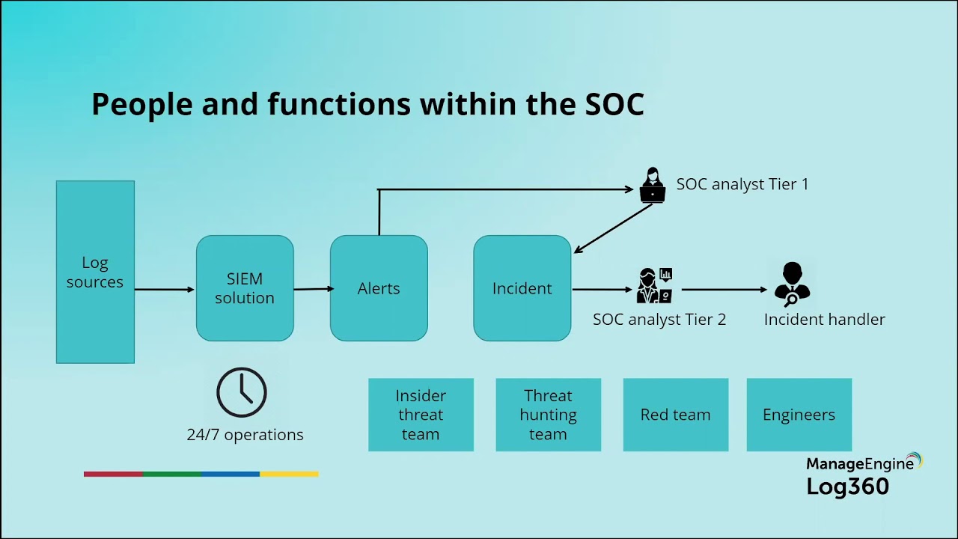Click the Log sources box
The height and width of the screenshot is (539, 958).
pos(95,272)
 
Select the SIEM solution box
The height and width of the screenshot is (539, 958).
pos(245,288)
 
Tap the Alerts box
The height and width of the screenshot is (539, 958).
pos(379,288)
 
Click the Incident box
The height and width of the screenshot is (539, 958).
pos(522,288)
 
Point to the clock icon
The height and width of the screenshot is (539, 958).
pos(242,392)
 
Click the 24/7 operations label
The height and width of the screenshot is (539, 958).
pos(245,435)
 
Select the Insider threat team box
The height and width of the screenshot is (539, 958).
pos(421,415)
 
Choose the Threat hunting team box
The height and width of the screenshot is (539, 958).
pos(548,415)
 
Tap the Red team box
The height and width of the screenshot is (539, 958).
pos(675,415)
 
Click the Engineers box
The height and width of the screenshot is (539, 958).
pos(799,415)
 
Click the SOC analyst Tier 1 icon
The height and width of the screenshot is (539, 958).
pos(653,185)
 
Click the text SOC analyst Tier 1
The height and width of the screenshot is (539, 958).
pos(742,184)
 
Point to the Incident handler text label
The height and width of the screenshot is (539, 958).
pos(824,320)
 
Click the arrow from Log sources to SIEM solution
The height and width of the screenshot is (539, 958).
pos(165,290)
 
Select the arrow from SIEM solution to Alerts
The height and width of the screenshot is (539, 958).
pos(312,289)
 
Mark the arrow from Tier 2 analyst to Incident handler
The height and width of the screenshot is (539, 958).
pos(724,290)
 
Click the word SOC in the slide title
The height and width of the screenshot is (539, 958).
pos(614,105)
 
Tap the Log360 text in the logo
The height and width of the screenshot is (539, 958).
pos(847,487)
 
